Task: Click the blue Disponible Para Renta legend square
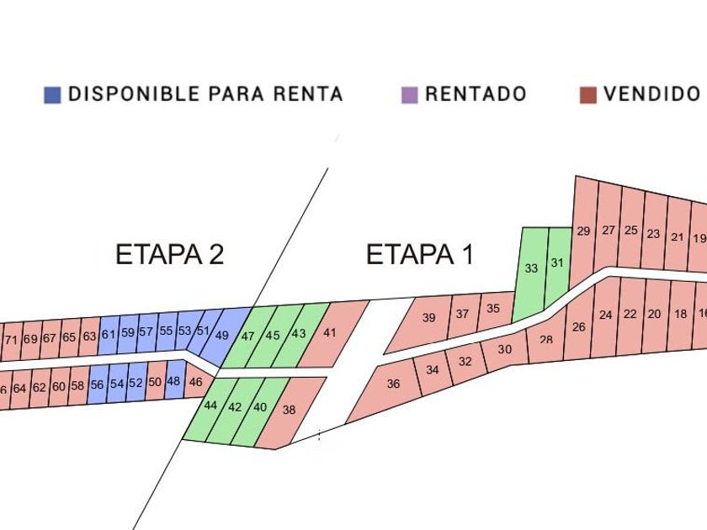[x=52, y=95]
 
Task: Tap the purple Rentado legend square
[x=410, y=95]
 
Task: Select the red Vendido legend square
[x=588, y=95]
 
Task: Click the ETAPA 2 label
[x=169, y=254]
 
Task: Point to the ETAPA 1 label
[x=419, y=254]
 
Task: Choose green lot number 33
[x=531, y=268]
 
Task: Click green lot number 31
[x=557, y=262]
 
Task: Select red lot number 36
[x=393, y=384]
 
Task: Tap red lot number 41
[x=330, y=332]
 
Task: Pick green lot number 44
[x=210, y=405]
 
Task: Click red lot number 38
[x=289, y=410]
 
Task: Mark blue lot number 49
[x=222, y=335]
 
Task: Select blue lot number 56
[x=97, y=384]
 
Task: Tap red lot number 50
[x=155, y=382]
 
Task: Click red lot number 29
[x=583, y=231]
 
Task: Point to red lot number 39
[x=428, y=318]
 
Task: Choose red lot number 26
[x=578, y=326]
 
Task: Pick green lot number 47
[x=247, y=336]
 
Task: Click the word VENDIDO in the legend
[x=651, y=94]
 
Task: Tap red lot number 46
[x=195, y=382]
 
